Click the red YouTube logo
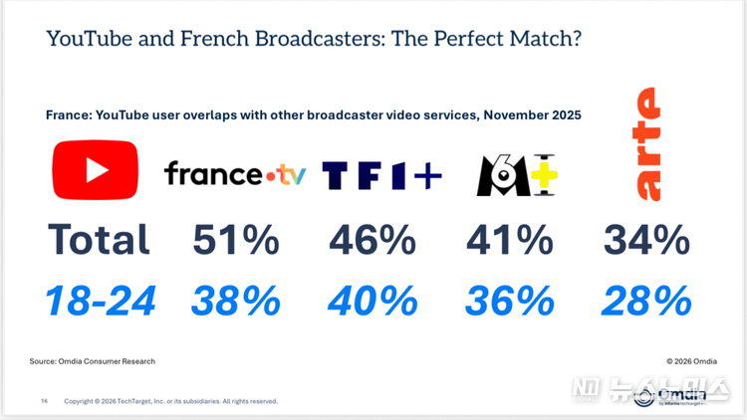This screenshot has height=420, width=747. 97,169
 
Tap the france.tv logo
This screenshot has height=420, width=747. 235,175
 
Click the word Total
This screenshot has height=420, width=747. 99,240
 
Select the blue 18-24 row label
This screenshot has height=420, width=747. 98,299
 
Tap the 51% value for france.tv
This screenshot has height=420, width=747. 235,240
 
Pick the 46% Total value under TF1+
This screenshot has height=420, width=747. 373,240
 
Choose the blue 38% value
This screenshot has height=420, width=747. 235,299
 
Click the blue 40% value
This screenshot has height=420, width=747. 373,299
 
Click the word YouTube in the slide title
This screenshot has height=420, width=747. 85,40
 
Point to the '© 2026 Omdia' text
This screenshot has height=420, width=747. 690,360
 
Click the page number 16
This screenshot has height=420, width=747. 44,401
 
